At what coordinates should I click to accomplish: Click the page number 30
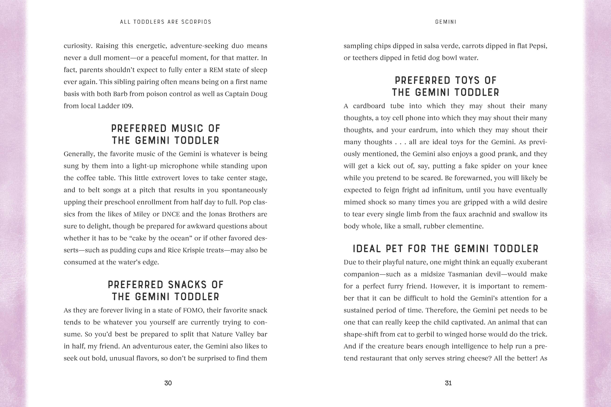point(168,383)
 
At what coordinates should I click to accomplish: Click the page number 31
point(448,383)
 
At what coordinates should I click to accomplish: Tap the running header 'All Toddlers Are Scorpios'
point(166,22)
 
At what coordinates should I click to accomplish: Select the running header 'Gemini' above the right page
point(446,22)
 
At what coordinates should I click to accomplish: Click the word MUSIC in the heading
point(187,128)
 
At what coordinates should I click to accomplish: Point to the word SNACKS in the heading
point(187,285)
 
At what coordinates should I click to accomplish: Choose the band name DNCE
point(171,214)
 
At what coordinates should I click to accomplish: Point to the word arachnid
point(498,214)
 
